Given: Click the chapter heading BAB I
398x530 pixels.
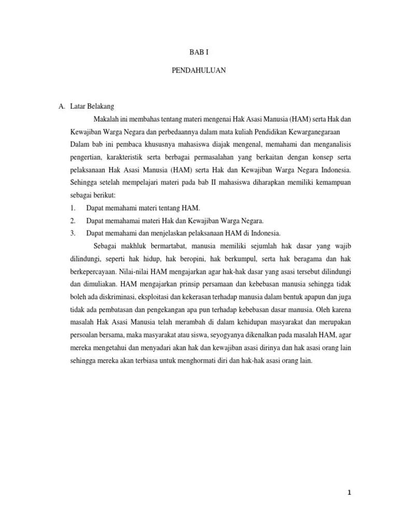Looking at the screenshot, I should [x=198, y=52].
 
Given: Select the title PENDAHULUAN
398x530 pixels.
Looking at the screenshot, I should [x=198, y=70].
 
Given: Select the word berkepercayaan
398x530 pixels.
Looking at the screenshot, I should [x=92, y=271].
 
